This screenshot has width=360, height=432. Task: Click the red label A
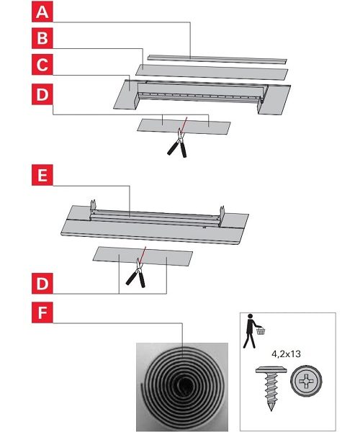click(42, 12)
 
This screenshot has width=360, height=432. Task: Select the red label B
click(42, 38)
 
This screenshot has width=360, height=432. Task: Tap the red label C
click(42, 65)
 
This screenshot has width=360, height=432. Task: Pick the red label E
click(42, 175)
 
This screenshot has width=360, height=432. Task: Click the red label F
click(42, 312)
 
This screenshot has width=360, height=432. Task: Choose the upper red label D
click(42, 94)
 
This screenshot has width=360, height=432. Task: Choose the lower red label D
click(42, 283)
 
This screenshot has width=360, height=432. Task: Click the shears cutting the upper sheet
click(178, 143)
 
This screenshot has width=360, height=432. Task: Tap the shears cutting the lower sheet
click(136, 273)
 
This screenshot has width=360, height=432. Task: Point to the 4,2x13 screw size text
click(286, 354)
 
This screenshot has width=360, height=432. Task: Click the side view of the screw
click(271, 388)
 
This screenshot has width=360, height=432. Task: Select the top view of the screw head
click(306, 382)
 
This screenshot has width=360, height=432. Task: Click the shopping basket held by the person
click(261, 330)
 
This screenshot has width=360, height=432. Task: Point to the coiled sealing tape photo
click(182, 387)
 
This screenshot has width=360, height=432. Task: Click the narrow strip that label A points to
click(217, 59)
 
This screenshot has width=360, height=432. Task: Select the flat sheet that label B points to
click(212, 72)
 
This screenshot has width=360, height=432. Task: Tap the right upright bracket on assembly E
click(222, 215)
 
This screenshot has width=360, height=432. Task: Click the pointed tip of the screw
click(271, 410)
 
